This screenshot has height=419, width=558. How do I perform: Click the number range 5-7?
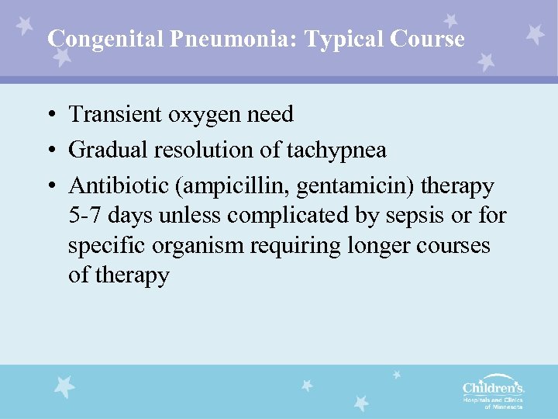pyautogui.click(x=84, y=214)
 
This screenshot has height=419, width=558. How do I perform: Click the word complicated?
pyautogui.click(x=270, y=215)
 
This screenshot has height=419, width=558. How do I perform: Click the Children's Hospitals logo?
pyautogui.click(x=492, y=392)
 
